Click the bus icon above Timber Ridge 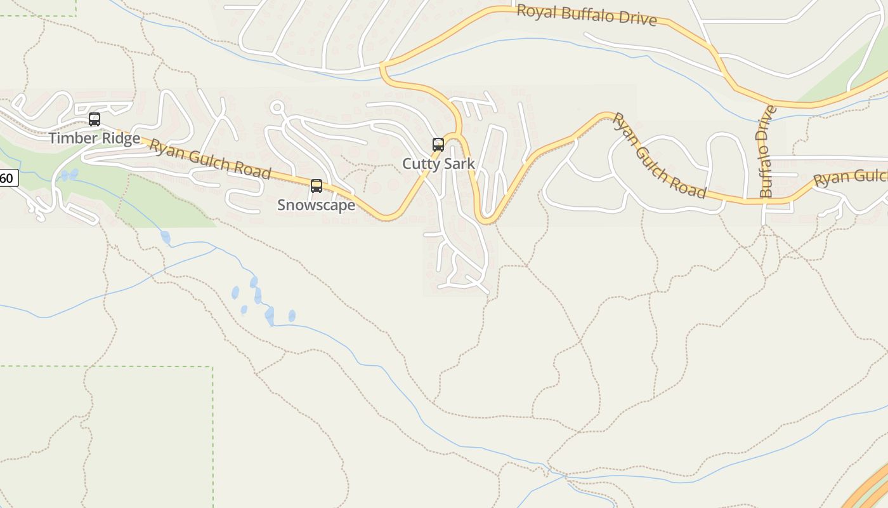click(x=95, y=119)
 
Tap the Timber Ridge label click(x=95, y=138)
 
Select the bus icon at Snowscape click(x=316, y=186)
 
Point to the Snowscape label click(x=316, y=206)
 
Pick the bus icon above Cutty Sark click(x=438, y=144)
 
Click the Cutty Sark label click(x=438, y=164)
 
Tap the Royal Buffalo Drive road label click(x=586, y=15)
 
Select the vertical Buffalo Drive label click(x=767, y=151)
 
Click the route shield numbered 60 click(x=7, y=178)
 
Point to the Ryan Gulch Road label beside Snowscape click(x=210, y=159)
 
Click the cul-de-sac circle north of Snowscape click(x=277, y=107)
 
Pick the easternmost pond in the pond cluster click(x=292, y=316)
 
